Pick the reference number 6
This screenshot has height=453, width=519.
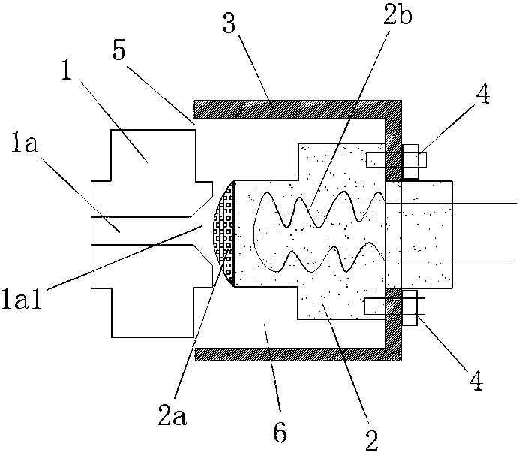pos(277,434)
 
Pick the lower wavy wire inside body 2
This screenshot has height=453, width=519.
pos(322,259)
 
